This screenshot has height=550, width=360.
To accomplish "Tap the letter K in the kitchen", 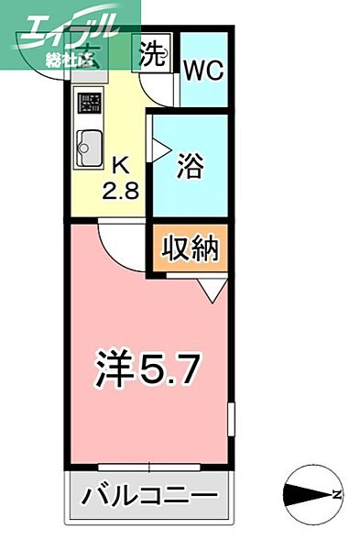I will pos(121,165).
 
